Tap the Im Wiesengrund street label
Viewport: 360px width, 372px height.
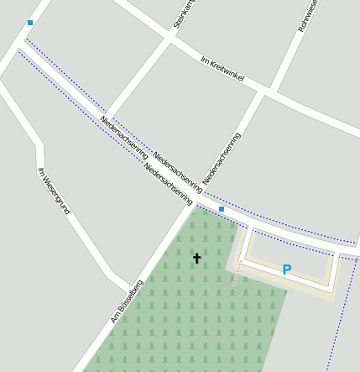click(54, 191)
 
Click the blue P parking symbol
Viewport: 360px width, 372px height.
click(286, 270)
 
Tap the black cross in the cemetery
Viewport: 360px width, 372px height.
click(197, 258)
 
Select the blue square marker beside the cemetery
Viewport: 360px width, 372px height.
click(222, 209)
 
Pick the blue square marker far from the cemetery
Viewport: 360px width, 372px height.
click(30, 23)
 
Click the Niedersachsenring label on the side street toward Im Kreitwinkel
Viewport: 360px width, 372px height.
click(222, 158)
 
